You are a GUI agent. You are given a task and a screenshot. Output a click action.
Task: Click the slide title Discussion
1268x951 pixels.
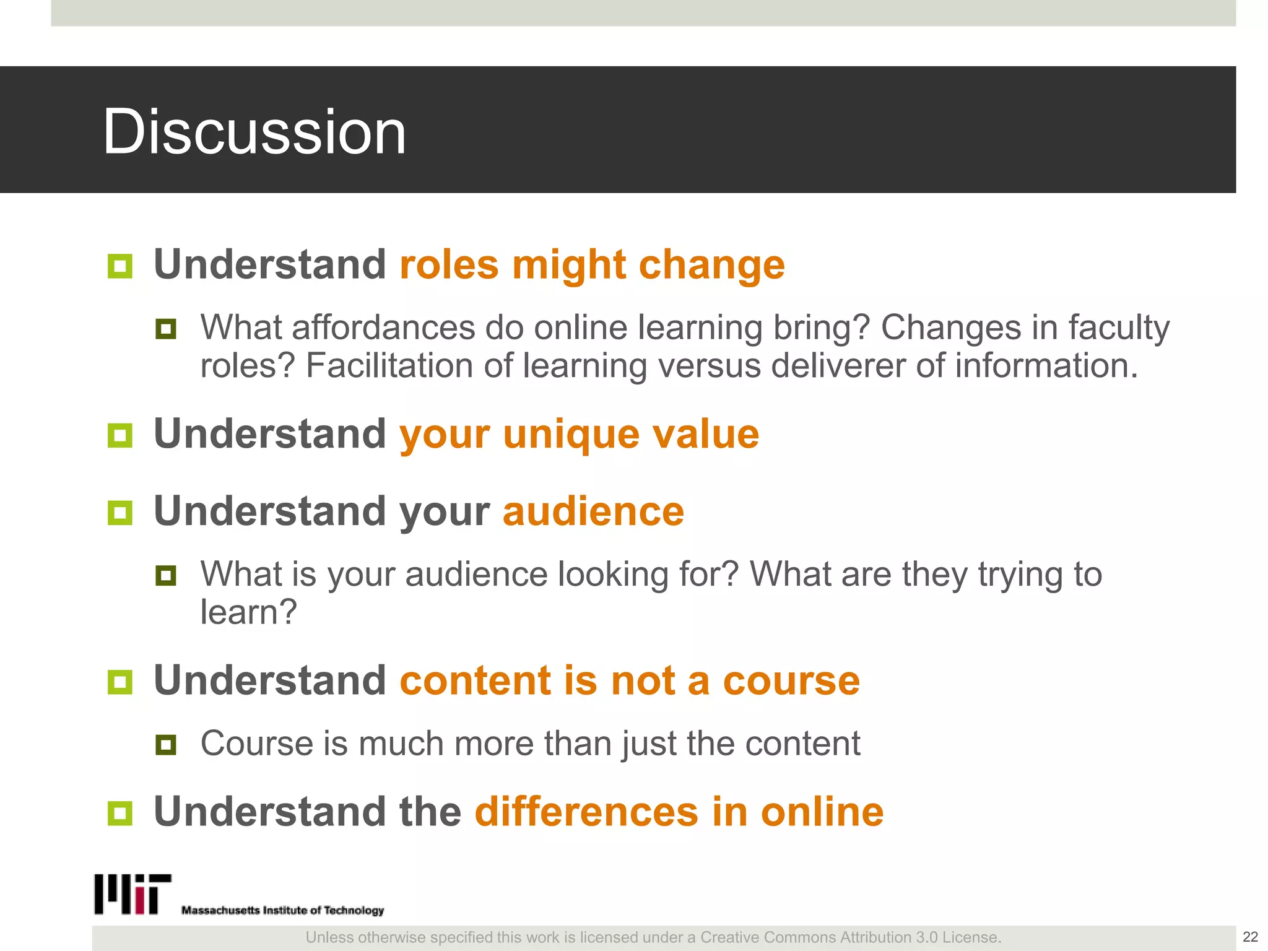[254, 132]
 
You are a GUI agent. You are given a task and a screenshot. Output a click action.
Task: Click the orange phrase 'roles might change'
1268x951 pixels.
[592, 265]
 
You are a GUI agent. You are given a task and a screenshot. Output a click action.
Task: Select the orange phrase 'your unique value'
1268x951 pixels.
[579, 434]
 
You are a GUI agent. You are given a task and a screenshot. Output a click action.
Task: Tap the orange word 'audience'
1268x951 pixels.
[593, 511]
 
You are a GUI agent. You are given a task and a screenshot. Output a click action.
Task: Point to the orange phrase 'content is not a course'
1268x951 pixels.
[630, 680]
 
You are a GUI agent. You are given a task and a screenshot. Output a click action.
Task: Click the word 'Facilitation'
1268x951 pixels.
[389, 365]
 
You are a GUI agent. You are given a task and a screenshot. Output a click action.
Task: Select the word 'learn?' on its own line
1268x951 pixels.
[249, 612]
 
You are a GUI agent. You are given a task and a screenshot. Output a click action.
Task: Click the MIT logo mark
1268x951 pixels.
[132, 894]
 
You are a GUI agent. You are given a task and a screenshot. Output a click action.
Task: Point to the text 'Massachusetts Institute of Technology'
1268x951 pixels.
[282, 910]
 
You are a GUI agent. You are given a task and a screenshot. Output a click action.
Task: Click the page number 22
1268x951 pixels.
[1250, 937]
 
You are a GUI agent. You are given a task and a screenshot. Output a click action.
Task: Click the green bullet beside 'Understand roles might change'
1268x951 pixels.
[120, 266]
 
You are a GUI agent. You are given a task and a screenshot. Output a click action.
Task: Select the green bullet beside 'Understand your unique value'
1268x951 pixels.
[120, 435]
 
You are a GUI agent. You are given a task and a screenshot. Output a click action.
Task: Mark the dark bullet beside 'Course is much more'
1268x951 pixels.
[166, 744]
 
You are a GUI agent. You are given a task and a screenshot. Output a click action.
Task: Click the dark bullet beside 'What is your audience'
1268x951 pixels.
[166, 575]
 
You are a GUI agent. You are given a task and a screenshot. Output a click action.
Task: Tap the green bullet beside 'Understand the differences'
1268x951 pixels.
[120, 813]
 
